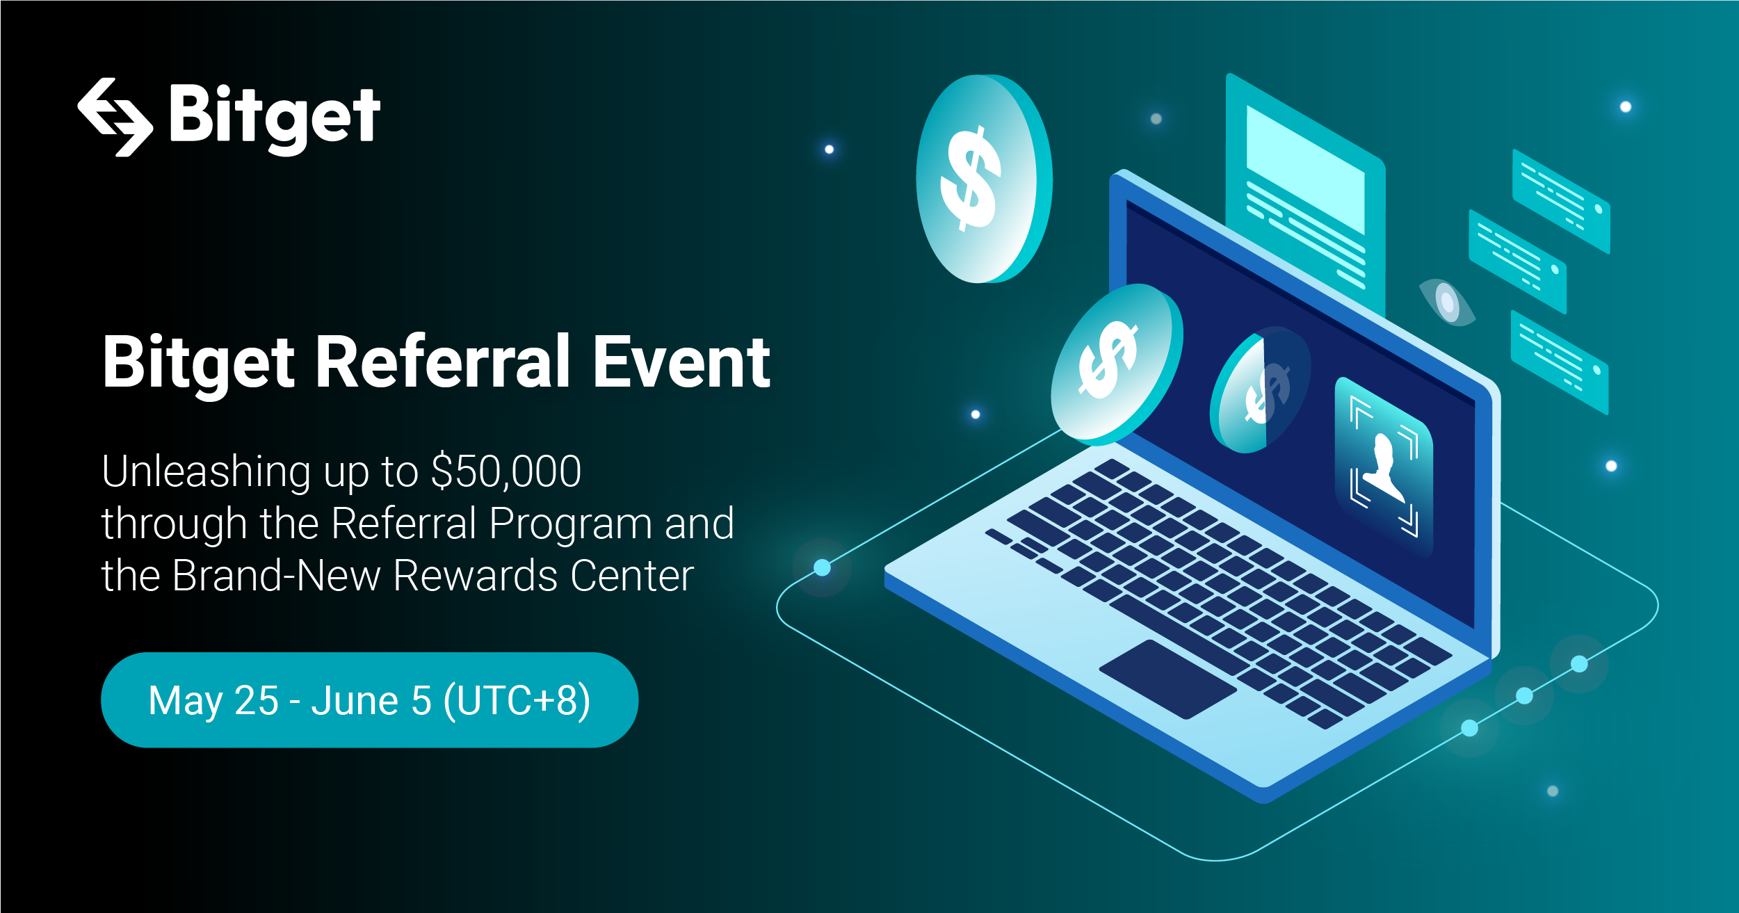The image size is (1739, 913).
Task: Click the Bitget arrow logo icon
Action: pos(115,117)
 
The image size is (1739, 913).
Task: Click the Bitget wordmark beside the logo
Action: pos(275,118)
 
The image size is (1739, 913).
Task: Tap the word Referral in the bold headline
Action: pos(443,362)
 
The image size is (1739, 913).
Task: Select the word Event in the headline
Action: pos(681,362)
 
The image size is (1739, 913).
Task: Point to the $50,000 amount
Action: pos(505,471)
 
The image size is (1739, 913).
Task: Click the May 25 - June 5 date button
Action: pos(369,700)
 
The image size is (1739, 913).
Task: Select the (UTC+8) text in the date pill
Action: pos(517,700)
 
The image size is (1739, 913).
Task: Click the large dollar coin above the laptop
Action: pos(983,179)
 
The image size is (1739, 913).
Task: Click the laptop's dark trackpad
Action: pos(1167,679)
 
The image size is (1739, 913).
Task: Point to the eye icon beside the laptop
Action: pos(1446,302)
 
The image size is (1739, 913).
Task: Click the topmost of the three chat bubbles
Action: pos(1561,201)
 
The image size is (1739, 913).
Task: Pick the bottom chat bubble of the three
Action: pos(1560,362)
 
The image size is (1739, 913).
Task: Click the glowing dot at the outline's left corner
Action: pos(823,567)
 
